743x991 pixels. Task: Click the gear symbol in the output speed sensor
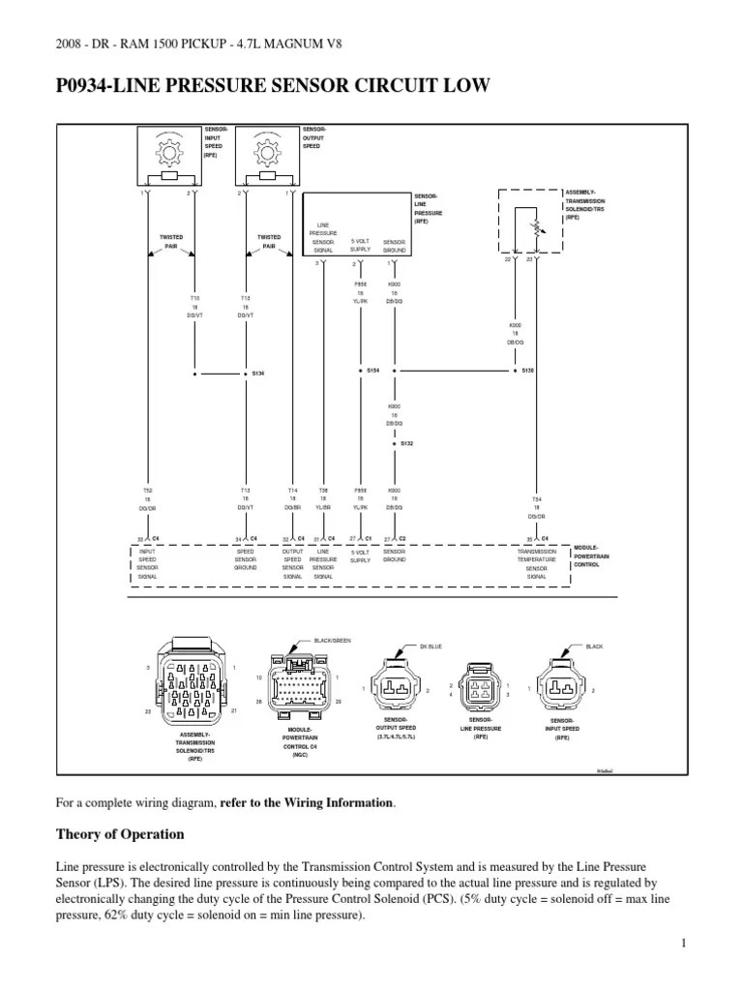pyautogui.click(x=264, y=154)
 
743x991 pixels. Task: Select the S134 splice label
pyautogui.click(x=258, y=373)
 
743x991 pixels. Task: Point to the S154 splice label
pyautogui.click(x=372, y=371)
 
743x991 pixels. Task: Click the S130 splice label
pyautogui.click(x=527, y=371)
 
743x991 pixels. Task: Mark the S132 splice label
pyautogui.click(x=407, y=443)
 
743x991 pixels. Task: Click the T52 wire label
pyautogui.click(x=146, y=491)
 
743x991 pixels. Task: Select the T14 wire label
pyautogui.click(x=292, y=491)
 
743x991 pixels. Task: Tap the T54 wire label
pyautogui.click(x=535, y=491)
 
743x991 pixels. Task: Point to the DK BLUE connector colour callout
pyautogui.click(x=431, y=646)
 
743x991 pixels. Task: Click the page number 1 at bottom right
pyautogui.click(x=682, y=943)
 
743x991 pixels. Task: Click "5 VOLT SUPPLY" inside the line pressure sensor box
pyautogui.click(x=360, y=245)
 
